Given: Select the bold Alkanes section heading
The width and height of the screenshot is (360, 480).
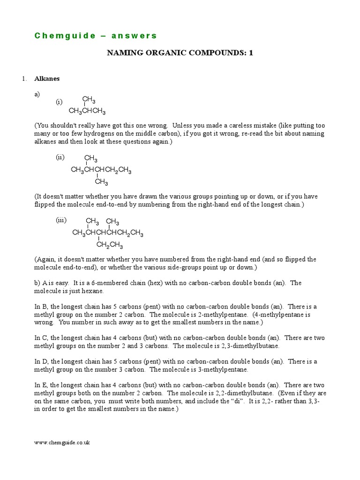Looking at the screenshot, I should pyautogui.click(x=47, y=79).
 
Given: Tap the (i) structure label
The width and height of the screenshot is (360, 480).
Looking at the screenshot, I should pyautogui.click(x=59, y=102).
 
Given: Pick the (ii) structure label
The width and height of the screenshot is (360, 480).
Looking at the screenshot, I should pyautogui.click(x=60, y=157).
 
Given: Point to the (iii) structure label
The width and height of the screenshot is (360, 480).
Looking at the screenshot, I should pyautogui.click(x=61, y=220).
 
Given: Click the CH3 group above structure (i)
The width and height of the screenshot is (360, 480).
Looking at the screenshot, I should pyautogui.click(x=89, y=99).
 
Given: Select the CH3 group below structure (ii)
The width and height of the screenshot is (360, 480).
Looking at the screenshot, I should pyautogui.click(x=101, y=182).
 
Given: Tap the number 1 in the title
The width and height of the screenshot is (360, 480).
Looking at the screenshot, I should pyautogui.click(x=251, y=53).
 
